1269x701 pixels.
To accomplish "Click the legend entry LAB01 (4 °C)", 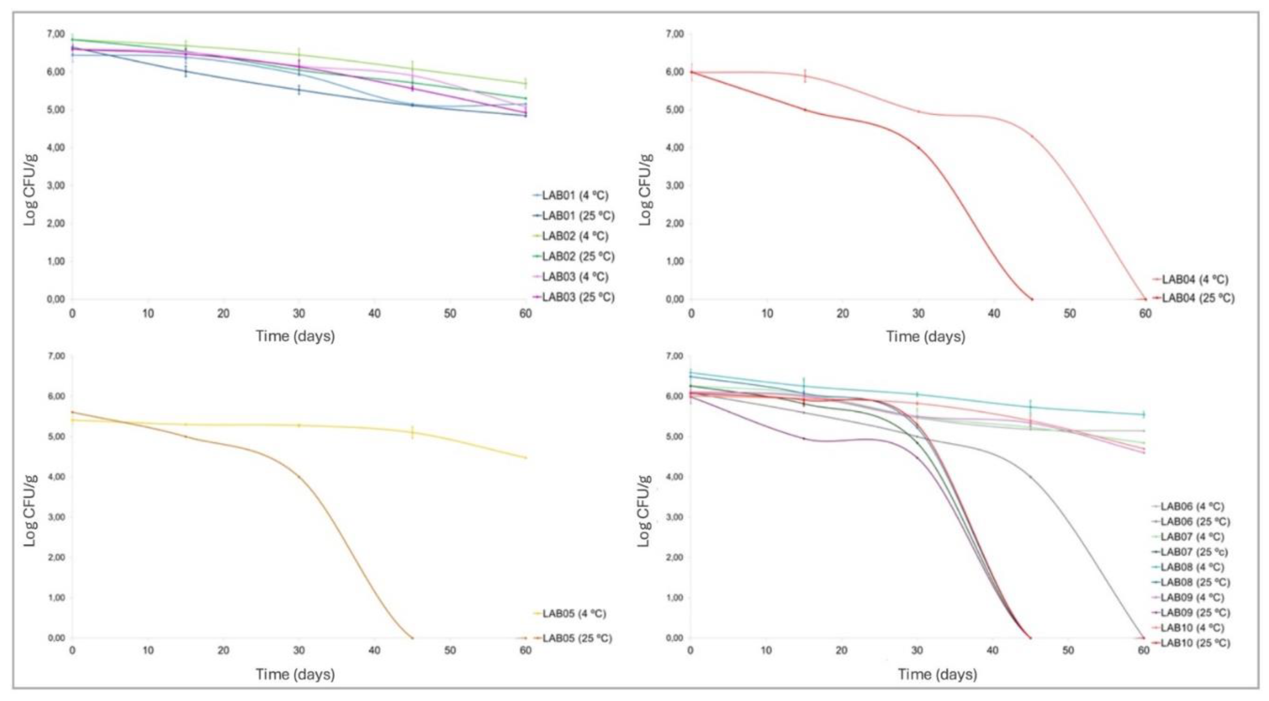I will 574,195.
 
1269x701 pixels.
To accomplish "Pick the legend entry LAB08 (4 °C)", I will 1192,567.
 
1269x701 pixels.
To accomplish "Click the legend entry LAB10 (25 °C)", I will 1195,643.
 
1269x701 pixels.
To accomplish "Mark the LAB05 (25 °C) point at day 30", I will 299,477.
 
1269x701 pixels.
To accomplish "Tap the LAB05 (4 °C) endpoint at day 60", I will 525,457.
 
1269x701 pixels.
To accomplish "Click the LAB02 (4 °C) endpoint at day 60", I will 525,83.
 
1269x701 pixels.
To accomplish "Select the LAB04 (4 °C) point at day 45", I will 1032,136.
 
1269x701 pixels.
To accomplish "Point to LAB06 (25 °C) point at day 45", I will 1030,477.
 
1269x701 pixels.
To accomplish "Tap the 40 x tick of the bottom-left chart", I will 375,651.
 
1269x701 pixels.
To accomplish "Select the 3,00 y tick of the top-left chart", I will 56,185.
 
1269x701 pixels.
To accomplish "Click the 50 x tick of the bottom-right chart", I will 1068,651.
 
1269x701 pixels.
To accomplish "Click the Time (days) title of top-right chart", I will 926,337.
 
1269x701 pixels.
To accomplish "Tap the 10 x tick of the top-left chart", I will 148,314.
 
